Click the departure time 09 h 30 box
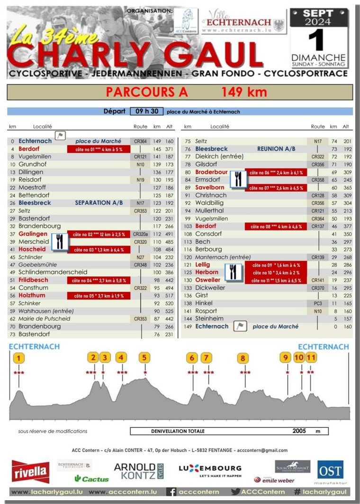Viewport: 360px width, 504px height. (146, 111)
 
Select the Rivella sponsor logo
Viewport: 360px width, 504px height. (31, 471)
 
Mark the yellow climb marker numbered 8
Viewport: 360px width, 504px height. (243, 358)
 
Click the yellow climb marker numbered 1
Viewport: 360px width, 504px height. (18, 358)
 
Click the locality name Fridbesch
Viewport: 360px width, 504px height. (33, 280)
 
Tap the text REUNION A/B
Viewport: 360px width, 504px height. (276, 149)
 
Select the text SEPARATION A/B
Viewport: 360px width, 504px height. (99, 203)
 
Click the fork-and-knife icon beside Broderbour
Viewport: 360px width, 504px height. (238, 179)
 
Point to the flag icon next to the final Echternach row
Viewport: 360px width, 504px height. (241, 326)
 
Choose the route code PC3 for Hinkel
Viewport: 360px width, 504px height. (317, 303)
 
